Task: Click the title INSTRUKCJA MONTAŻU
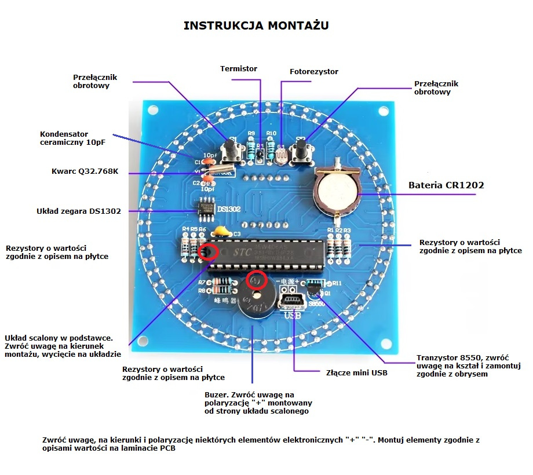point(257,25)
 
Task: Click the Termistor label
point(239,69)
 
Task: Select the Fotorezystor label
point(313,72)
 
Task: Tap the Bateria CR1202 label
point(446,185)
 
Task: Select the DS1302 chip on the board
point(206,210)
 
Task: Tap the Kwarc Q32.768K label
point(85,171)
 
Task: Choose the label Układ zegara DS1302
point(79,211)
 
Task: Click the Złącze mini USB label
point(357,372)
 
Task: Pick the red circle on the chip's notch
point(208,252)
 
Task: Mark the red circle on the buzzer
point(256,280)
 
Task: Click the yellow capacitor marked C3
point(220,232)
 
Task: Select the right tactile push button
point(301,151)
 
